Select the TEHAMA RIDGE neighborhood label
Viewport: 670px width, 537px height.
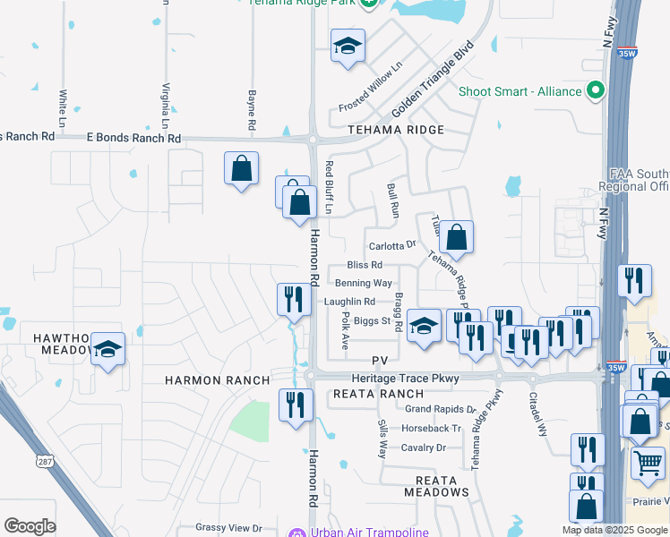(396, 131)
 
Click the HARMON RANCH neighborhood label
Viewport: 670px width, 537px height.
(217, 380)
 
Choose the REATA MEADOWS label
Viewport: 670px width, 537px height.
(436, 486)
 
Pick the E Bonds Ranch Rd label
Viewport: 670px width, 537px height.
(133, 139)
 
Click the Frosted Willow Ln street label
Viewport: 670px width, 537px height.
(371, 87)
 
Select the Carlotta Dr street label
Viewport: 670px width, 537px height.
(392, 245)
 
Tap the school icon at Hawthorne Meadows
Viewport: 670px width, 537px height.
(107, 348)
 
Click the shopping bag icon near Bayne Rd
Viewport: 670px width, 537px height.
(241, 167)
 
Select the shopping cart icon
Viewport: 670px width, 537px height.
(649, 463)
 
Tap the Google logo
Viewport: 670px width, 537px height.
(30, 526)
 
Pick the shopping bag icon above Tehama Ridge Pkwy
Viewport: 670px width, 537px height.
(456, 237)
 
